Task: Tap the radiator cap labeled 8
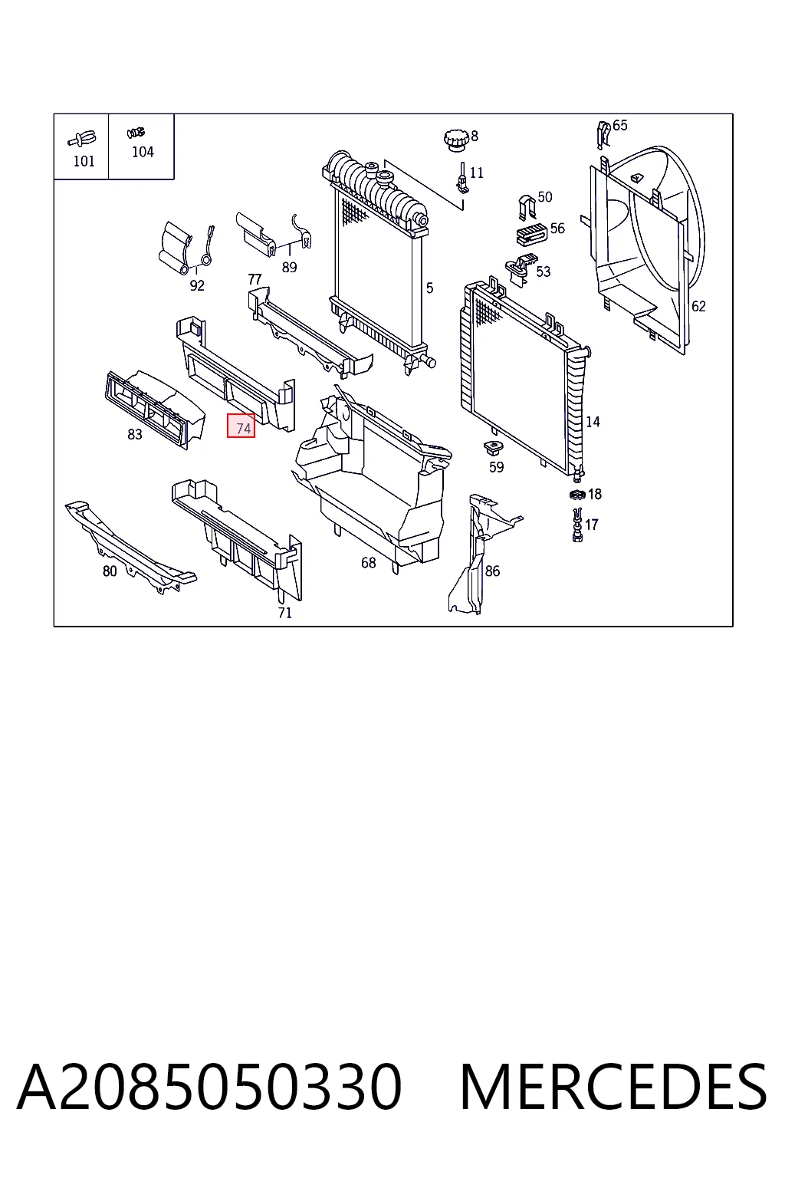tap(455, 140)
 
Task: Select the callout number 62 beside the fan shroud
tap(698, 306)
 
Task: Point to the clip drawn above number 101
tap(82, 140)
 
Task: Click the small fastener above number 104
tap(136, 133)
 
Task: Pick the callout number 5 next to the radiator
tap(429, 288)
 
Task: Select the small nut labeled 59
tap(493, 449)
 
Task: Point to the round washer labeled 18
tap(577, 495)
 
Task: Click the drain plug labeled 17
tap(577, 525)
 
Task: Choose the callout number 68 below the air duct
tap(369, 563)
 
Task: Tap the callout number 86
tap(492, 571)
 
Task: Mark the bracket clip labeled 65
tap(604, 135)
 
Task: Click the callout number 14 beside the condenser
tap(593, 422)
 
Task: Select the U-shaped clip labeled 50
tap(527, 209)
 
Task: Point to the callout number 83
tap(135, 434)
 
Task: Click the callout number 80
tap(110, 571)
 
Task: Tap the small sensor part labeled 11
tap(462, 178)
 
